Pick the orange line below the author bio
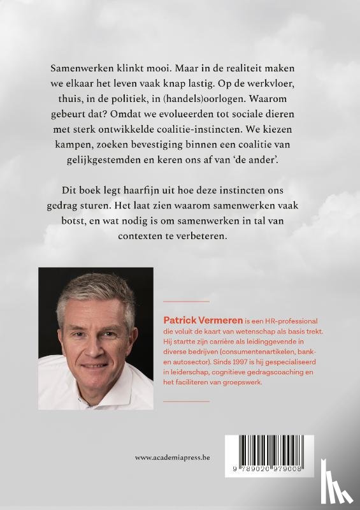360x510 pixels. point(187,401)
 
